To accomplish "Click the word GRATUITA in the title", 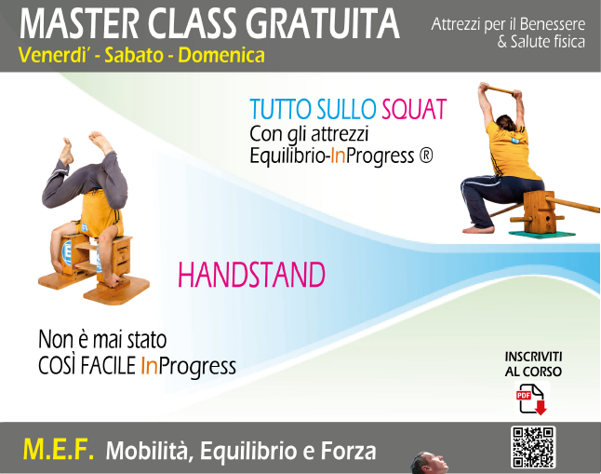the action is [322, 24].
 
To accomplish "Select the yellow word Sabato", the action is [134, 55].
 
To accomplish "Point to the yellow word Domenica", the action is [221, 55].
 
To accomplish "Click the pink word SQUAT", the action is [414, 109].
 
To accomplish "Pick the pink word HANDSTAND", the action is [251, 275].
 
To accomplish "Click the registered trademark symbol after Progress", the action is [426, 156].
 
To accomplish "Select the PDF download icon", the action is [531, 400].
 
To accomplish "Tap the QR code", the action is [533, 447].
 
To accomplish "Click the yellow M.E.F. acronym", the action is [59, 450].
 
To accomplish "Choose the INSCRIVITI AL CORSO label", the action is [533, 364].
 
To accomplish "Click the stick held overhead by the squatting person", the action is [501, 90].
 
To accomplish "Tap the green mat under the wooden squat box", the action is [542, 234].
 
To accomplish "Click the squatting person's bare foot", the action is [479, 229].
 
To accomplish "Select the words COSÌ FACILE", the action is [87, 365].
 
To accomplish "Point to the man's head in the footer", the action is [429, 463].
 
